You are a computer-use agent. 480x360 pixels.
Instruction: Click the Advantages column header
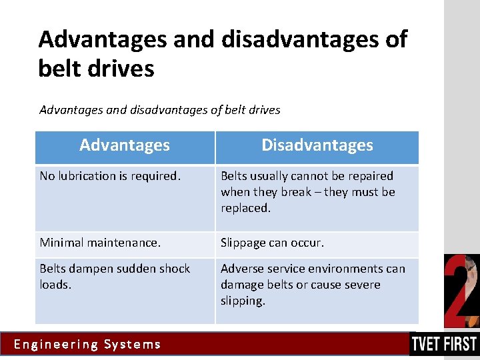tap(125, 145)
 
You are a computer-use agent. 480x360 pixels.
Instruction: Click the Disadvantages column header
tap(317, 145)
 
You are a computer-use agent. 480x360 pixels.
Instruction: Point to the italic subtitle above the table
tap(160, 109)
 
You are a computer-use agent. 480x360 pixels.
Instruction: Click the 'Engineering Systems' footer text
tap(87, 345)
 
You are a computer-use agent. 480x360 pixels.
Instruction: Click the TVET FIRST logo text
tap(443, 344)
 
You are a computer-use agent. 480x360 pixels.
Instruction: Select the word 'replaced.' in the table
tap(245, 208)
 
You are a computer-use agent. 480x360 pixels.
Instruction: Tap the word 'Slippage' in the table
tap(243, 243)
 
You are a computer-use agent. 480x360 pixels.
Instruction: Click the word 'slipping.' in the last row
tap(243, 301)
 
